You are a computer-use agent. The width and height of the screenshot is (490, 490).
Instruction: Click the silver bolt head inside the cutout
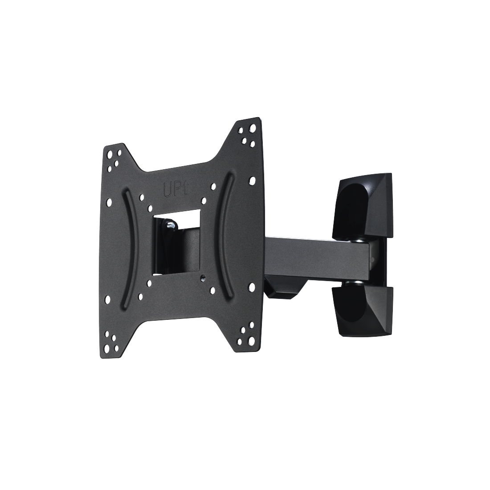click(x=171, y=225)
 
